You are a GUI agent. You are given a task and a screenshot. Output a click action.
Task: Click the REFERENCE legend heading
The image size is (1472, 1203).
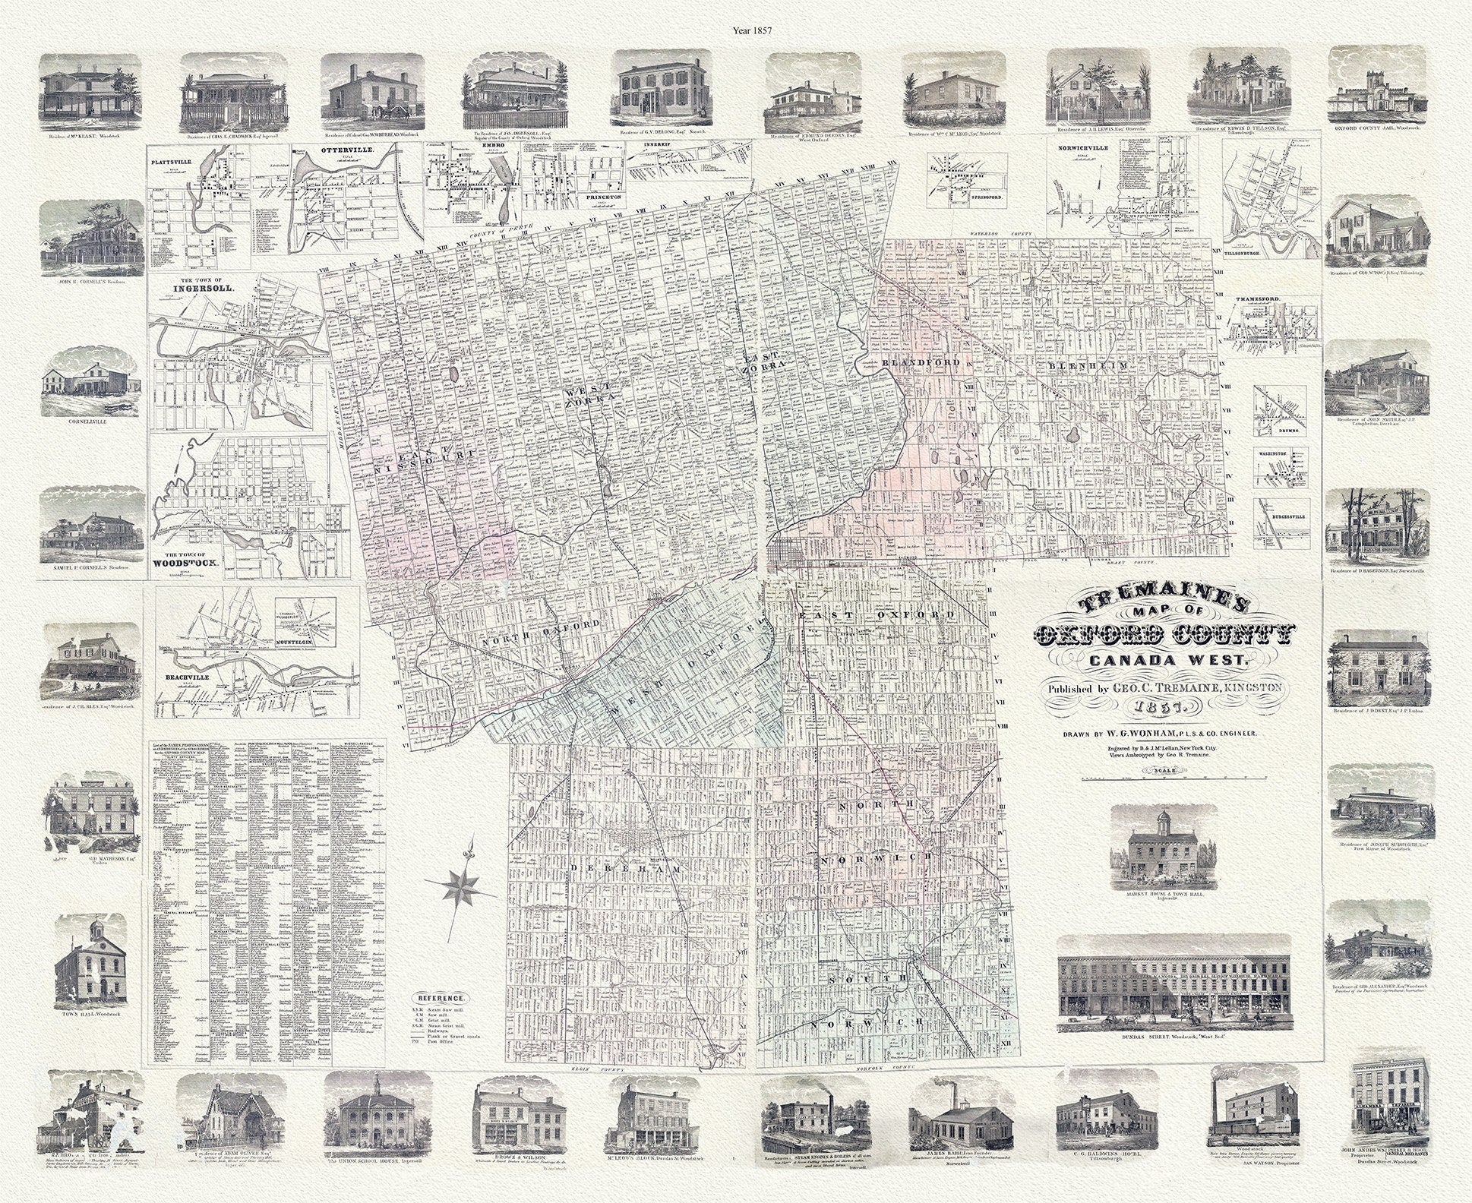pos(442,997)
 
